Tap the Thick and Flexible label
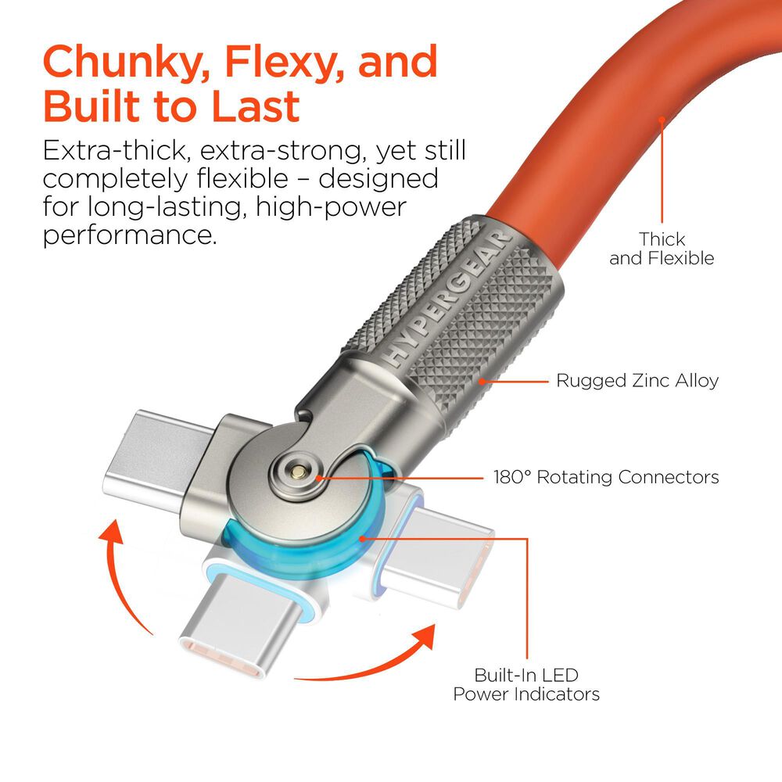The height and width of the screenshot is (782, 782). [x=662, y=248]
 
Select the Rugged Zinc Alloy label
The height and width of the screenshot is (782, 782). [x=637, y=381]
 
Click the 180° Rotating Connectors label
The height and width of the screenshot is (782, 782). [x=606, y=476]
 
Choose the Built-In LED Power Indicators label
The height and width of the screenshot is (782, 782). [x=526, y=684]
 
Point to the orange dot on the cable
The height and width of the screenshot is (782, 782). [x=662, y=120]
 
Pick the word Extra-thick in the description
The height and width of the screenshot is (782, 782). [x=115, y=151]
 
